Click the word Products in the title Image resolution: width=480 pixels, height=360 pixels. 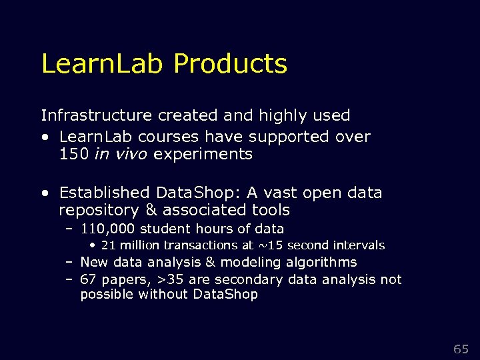tap(230, 64)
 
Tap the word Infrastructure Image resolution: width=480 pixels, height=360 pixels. tap(97, 115)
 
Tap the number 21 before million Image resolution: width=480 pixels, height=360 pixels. tap(109, 245)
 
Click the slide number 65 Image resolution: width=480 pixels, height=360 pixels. tap(461, 349)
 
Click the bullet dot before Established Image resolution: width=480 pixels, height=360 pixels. tap(45, 193)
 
